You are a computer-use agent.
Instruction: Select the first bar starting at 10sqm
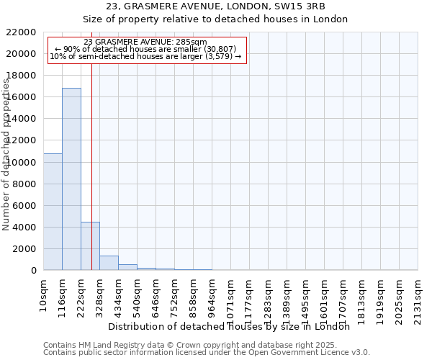tap(53, 212)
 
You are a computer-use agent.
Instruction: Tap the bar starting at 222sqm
tap(90, 246)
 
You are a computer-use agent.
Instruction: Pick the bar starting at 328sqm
tap(109, 263)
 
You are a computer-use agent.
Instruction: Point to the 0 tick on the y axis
tap(33, 271)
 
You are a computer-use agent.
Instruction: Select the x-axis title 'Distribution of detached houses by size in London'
tap(233, 327)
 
